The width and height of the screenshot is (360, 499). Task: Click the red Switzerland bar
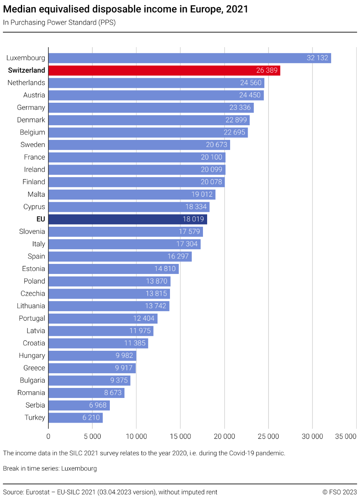(x=164, y=71)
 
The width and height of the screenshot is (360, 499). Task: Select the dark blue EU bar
(x=127, y=219)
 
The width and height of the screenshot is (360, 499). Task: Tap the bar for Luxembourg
(x=190, y=58)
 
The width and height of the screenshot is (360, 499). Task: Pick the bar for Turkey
(x=75, y=418)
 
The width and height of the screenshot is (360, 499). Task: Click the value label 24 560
(x=251, y=83)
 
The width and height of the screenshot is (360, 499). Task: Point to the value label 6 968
(x=98, y=405)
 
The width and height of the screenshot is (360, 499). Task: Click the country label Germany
(x=31, y=108)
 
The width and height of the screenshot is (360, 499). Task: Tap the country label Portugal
(x=32, y=318)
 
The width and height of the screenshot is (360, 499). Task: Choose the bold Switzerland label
(x=26, y=71)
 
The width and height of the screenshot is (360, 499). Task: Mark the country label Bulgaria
(x=32, y=380)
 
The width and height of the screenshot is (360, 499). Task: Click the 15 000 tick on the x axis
(x=180, y=436)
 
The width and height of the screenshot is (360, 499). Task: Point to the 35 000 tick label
(x=345, y=436)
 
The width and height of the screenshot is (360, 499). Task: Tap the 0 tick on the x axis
(x=48, y=436)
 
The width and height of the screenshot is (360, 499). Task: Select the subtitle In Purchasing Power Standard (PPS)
(x=59, y=23)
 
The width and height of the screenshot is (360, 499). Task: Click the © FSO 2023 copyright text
(x=340, y=492)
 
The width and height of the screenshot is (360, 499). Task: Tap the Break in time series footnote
(x=50, y=469)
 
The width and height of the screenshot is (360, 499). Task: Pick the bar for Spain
(x=120, y=256)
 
